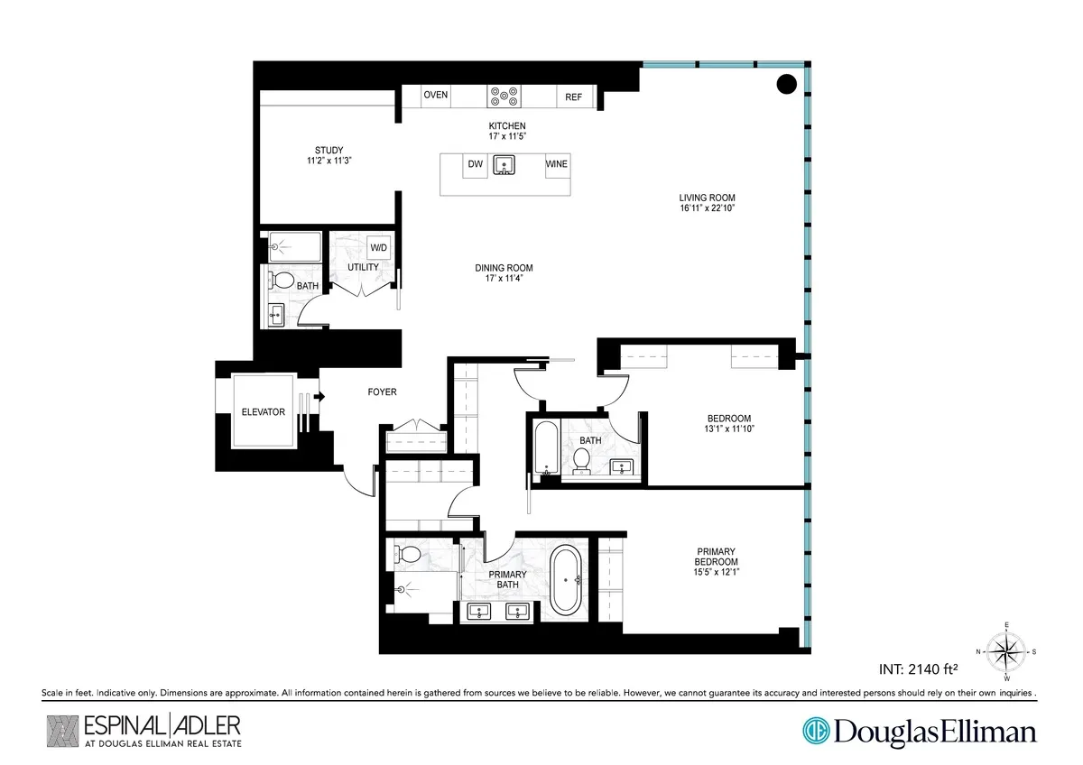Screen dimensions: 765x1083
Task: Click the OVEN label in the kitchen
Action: (436, 96)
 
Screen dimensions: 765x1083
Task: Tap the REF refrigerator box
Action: (573, 97)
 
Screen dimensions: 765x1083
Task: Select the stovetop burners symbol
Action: (502, 96)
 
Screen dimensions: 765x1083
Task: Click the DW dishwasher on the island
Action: (474, 165)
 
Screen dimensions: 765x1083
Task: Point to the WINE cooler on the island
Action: (557, 165)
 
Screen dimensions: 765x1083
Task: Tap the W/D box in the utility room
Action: (378, 248)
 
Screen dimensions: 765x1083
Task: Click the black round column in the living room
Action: (786, 85)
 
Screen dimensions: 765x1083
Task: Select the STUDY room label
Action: (329, 150)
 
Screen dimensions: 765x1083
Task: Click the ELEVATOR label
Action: (263, 412)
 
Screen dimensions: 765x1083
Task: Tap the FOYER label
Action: (381, 392)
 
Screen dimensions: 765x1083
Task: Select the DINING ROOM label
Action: (504, 268)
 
